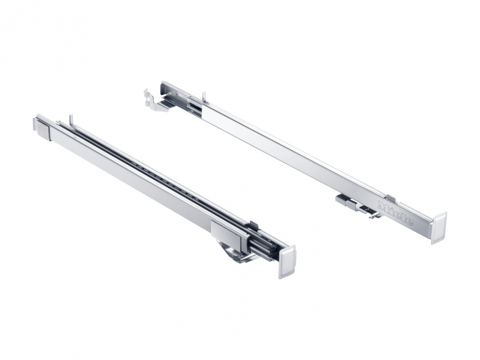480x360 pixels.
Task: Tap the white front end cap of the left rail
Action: pos(286,262)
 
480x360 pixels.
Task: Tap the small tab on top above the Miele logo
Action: pos(391,198)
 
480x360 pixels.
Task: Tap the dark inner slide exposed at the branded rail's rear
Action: pos(194,108)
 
